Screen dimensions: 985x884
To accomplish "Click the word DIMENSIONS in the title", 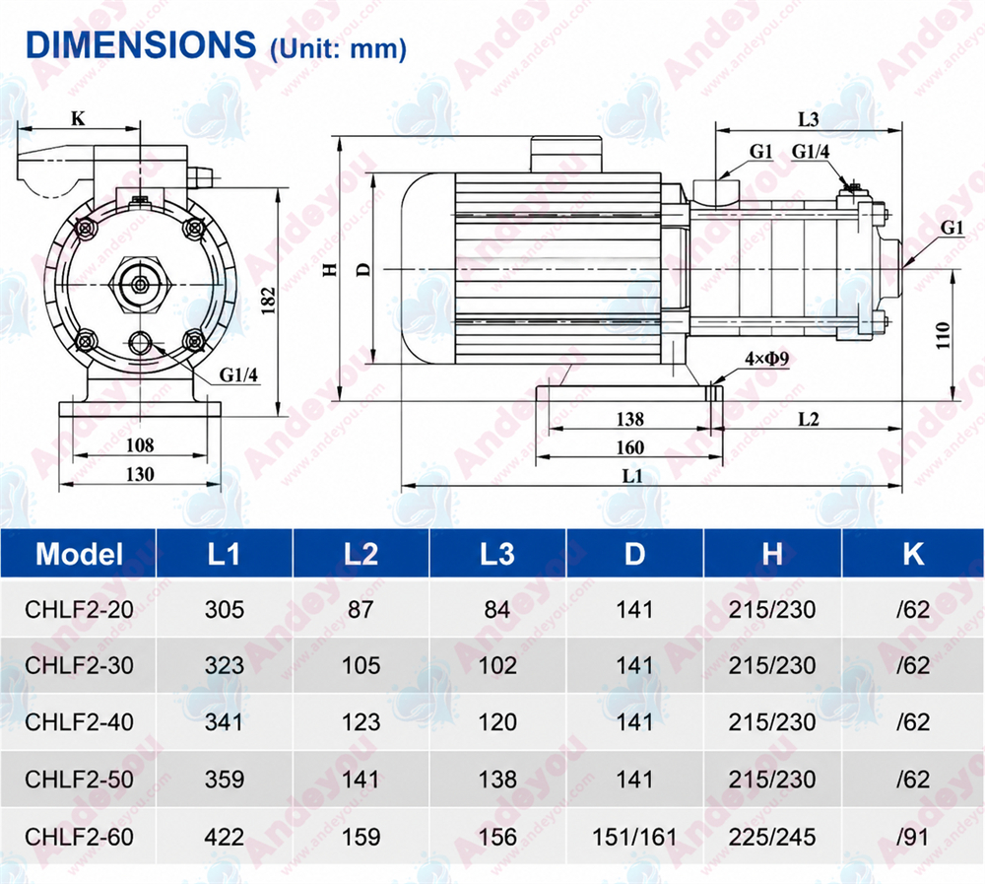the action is tap(141, 44).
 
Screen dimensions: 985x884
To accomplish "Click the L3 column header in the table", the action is tap(496, 554).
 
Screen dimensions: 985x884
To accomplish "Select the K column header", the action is tap(913, 554).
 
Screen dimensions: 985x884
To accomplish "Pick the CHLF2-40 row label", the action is tap(79, 722).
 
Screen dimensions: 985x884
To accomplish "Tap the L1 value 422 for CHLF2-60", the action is tap(225, 837).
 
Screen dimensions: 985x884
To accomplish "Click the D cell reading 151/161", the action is tap(634, 837).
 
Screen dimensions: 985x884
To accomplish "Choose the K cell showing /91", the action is tap(913, 837).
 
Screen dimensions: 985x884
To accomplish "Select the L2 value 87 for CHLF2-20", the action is tap(361, 609).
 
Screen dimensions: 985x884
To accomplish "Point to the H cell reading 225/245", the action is tap(772, 837).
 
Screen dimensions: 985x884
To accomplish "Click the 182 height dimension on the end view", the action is tap(269, 301).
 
